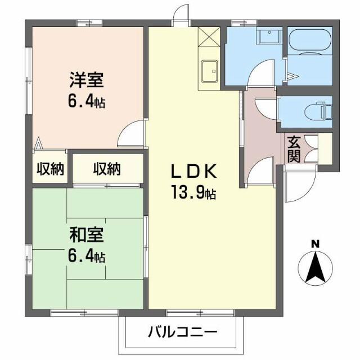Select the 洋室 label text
coord(86,80)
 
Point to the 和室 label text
coord(86,234)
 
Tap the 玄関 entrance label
coord(294,148)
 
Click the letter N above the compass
coord(315,244)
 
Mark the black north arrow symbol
coord(315,269)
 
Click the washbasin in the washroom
coord(269,37)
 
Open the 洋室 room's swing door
coord(132,134)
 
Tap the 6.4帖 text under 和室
coord(86,257)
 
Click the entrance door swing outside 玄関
coord(295,186)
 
